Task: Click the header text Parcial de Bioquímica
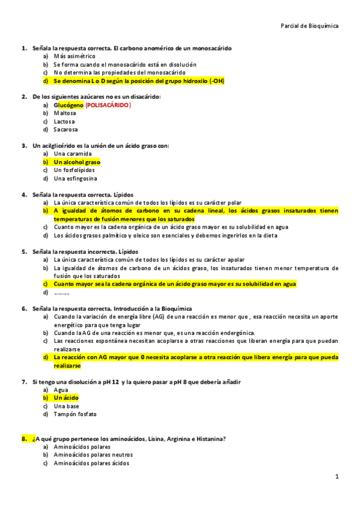click(x=310, y=26)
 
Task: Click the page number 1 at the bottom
click(x=337, y=476)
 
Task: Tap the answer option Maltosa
click(x=65, y=113)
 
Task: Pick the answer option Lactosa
click(x=64, y=121)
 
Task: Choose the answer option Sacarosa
click(x=66, y=129)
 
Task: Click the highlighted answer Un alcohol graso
click(x=77, y=162)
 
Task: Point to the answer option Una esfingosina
click(x=75, y=179)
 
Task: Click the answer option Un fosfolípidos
click(x=75, y=170)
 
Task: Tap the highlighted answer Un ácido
click(x=66, y=398)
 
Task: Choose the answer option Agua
click(x=61, y=390)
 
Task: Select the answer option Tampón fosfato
click(x=75, y=414)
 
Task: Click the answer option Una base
click(x=66, y=406)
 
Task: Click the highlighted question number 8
click(x=25, y=439)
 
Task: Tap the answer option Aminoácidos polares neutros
click(x=93, y=455)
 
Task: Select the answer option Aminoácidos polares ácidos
click(x=91, y=464)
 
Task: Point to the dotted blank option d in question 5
click(x=61, y=292)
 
